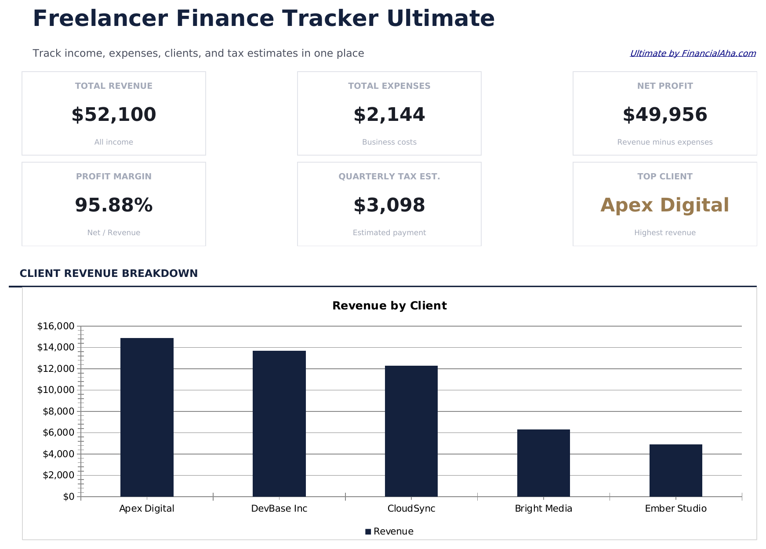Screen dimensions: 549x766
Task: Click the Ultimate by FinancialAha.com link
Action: click(x=693, y=54)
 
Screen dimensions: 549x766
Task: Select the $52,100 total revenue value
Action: click(x=114, y=115)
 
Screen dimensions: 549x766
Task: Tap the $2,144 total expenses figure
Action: click(x=389, y=115)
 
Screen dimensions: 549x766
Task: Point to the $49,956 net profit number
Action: click(x=664, y=115)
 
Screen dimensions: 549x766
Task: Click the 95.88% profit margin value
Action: click(x=114, y=205)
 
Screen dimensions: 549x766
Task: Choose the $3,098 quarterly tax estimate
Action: click(x=389, y=205)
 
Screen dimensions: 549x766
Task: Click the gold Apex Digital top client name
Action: click(x=664, y=205)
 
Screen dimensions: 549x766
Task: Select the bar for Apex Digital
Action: click(x=147, y=417)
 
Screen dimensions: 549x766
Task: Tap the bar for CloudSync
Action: click(x=411, y=431)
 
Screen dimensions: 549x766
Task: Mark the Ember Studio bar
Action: click(x=675, y=470)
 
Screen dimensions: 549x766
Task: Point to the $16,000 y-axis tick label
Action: click(x=56, y=326)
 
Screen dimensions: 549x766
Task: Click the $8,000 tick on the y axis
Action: click(x=58, y=411)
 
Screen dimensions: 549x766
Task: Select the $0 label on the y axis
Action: click(x=69, y=497)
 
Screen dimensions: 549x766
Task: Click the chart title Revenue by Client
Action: click(x=389, y=306)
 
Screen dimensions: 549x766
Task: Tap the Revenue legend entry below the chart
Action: click(x=390, y=531)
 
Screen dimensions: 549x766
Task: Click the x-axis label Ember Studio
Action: click(x=675, y=509)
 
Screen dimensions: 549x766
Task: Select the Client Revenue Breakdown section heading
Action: click(x=109, y=273)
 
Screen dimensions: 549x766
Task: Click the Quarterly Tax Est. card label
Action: click(x=389, y=177)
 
